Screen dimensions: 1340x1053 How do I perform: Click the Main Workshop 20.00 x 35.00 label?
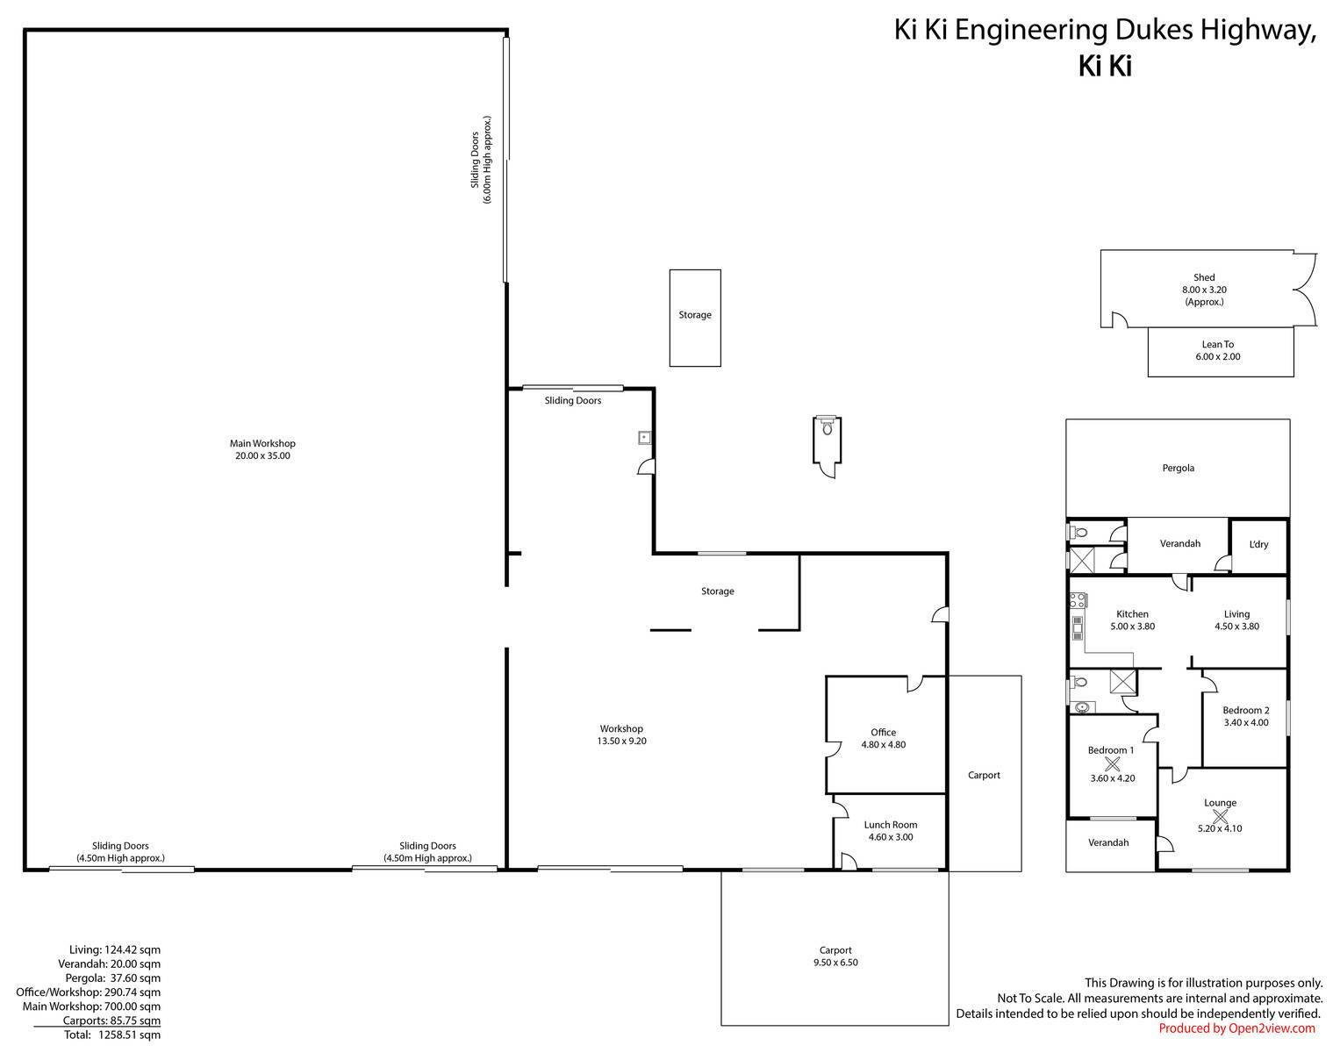(262, 449)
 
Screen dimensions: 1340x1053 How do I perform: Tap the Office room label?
(883, 738)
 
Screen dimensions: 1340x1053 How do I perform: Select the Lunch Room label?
(891, 830)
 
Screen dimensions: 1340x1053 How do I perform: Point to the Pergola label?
(1178, 468)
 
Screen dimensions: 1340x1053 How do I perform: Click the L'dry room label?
(1258, 544)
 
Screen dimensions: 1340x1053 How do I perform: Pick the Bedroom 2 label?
(1245, 716)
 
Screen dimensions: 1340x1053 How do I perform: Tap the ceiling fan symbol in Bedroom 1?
(1112, 764)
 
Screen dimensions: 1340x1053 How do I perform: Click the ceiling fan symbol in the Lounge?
(1220, 816)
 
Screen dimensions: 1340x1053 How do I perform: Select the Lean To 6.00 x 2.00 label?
(1218, 350)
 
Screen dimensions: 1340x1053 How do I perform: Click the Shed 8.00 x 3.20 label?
(1204, 290)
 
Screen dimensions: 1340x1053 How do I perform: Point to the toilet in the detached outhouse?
(827, 426)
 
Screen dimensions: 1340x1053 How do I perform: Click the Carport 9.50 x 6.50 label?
(835, 956)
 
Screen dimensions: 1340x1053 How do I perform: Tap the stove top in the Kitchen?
(1078, 600)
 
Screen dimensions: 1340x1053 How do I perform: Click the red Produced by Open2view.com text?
(1236, 1028)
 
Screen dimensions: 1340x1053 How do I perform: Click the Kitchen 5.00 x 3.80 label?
(1132, 620)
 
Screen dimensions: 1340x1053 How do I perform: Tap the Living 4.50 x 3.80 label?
(1236, 620)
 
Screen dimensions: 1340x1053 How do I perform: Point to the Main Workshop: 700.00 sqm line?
(91, 1006)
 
